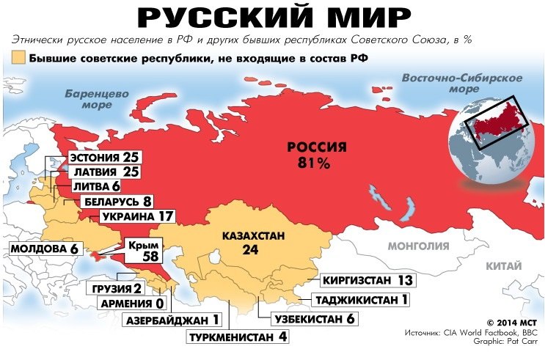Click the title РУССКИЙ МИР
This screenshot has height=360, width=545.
[x=272, y=18]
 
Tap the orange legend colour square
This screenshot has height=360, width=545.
[x=18, y=57]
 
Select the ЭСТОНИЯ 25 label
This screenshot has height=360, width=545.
[x=103, y=158]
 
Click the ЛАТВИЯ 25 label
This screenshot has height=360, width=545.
[x=103, y=172]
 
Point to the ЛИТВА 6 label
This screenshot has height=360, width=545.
[x=95, y=187]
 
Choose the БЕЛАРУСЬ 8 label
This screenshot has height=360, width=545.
[x=114, y=202]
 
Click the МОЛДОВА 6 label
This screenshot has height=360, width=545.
[x=43, y=249]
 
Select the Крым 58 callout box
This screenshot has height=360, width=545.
[x=142, y=253]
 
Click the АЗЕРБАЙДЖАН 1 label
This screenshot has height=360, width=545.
[x=174, y=320]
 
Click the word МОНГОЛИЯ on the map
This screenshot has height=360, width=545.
[x=417, y=246]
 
